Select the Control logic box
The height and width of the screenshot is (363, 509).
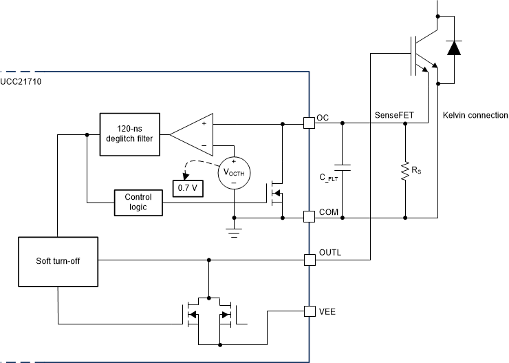point(138,202)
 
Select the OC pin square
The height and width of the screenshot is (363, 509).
point(309,123)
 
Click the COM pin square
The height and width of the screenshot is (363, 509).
point(309,216)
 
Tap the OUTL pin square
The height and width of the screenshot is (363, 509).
point(309,260)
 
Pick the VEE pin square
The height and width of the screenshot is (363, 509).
point(309,311)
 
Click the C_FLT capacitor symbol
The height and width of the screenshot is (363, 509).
point(342,167)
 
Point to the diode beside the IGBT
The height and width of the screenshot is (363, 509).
point(453,48)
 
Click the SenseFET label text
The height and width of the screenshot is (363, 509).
point(393,114)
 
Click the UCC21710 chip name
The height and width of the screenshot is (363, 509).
point(24,82)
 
